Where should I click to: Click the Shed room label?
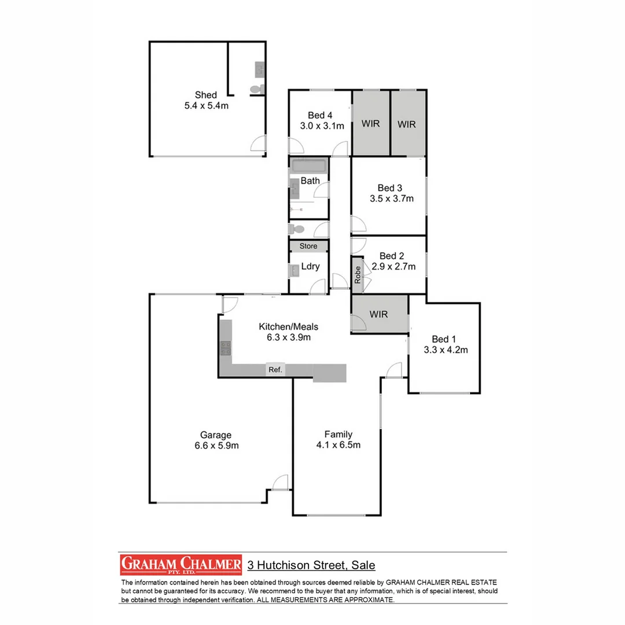(206, 95)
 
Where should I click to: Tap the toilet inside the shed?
(255, 90)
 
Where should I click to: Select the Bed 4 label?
(321, 115)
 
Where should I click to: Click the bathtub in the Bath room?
(309, 167)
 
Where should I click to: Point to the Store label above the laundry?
(308, 247)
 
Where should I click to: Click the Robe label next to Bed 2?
(358, 273)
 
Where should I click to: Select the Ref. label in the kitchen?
(275, 370)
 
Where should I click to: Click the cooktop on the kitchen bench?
(225, 348)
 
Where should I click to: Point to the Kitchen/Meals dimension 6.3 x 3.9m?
(288, 337)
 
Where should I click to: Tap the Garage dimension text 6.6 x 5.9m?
(216, 446)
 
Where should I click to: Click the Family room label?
(338, 434)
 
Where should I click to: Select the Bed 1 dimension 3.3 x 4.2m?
(446, 350)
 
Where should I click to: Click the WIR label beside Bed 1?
(378, 314)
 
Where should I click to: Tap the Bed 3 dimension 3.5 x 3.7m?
(392, 198)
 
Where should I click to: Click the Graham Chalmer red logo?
(181, 564)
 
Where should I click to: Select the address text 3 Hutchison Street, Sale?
(311, 565)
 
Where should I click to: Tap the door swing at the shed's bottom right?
(259, 144)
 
